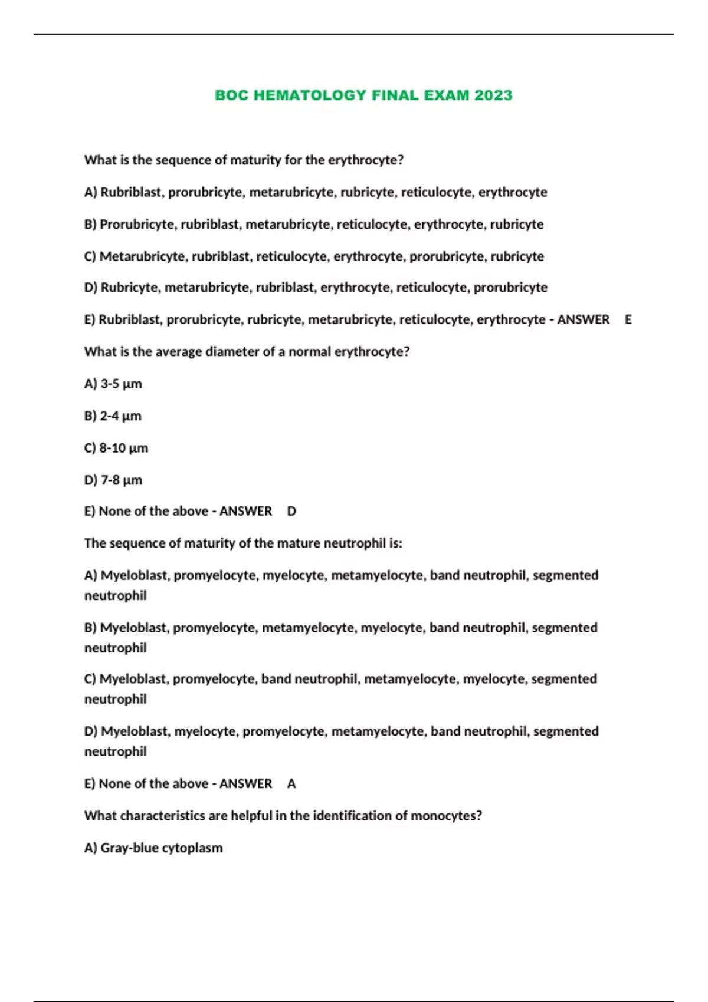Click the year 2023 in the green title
pos(493,95)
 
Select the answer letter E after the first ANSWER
pos(628,319)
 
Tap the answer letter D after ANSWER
pos(291,511)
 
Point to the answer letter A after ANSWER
pos(291,783)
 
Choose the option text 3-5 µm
pos(122,384)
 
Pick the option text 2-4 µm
pos(121,416)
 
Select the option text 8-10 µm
pos(124,448)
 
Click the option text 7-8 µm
pos(122,480)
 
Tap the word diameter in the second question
pos(231,352)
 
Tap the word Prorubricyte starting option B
pos(138,224)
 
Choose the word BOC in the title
pos(231,95)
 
